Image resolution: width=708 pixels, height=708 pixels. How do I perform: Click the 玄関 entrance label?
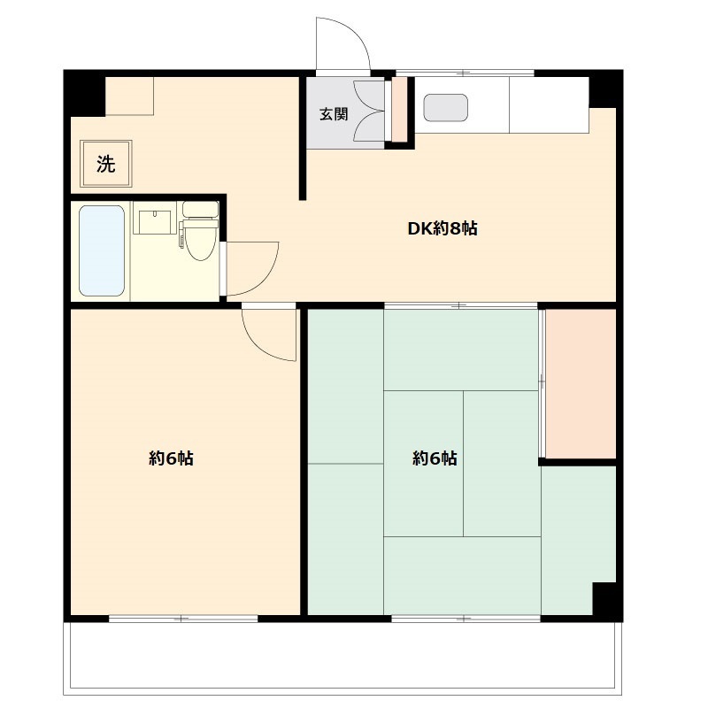[334, 113]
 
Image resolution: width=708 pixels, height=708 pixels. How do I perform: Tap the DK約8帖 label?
[442, 228]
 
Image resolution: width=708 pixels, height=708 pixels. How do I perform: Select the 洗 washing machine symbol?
[105, 164]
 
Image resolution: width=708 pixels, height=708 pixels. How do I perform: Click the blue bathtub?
[101, 250]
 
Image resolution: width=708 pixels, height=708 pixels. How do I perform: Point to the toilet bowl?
[200, 242]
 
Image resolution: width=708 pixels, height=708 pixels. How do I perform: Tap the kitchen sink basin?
[445, 107]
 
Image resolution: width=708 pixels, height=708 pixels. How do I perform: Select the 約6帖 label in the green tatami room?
[435, 458]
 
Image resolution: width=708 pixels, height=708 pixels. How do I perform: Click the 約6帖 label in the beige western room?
[172, 458]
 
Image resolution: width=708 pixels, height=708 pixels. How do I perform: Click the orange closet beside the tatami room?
[581, 383]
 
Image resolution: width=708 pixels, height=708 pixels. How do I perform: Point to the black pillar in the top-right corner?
[606, 88]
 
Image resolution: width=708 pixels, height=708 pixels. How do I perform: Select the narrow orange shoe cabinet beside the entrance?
[399, 110]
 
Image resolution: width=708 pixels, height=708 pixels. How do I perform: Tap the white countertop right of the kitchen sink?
[549, 104]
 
